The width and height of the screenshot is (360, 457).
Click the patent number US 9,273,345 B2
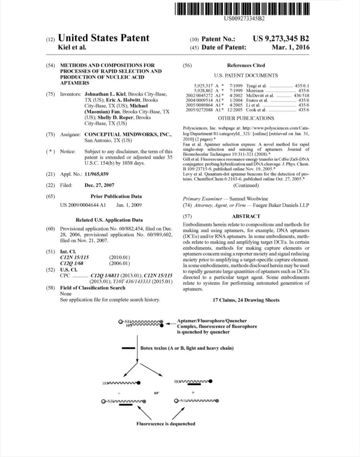click(281, 39)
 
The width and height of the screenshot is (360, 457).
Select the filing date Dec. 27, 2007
click(100, 185)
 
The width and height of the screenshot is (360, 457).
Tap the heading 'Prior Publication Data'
click(116, 196)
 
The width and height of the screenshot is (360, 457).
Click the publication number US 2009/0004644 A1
click(83, 205)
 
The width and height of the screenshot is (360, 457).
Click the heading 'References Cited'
click(246, 65)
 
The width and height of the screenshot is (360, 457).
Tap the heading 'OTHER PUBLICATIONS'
click(246, 118)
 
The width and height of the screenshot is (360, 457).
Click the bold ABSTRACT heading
click(246, 216)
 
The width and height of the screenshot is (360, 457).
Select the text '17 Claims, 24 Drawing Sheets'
click(246, 300)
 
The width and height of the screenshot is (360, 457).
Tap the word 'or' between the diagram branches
click(156, 393)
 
